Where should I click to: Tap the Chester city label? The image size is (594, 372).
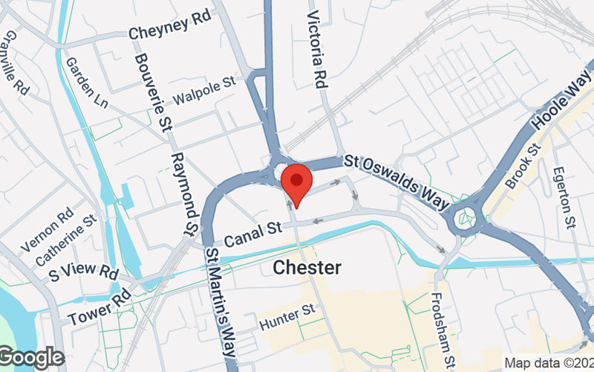tap(307, 267)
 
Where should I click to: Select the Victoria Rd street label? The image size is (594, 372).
tap(318, 48)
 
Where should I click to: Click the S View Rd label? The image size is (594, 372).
tap(84, 273)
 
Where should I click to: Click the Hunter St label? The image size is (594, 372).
tap(288, 318)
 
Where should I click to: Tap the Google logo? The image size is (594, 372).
tap(31, 359)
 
